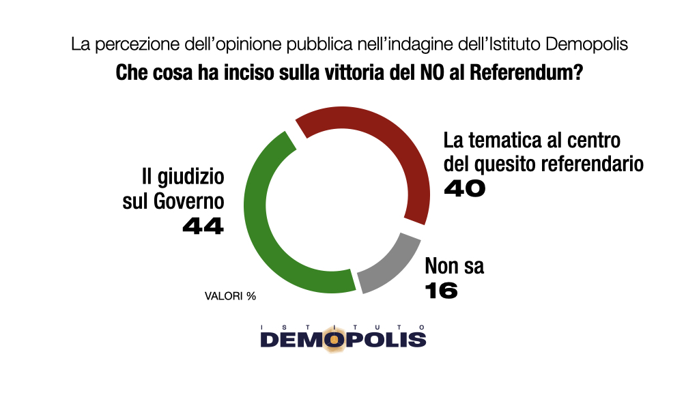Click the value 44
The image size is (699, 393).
[x=203, y=226]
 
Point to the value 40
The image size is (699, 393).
[x=464, y=189]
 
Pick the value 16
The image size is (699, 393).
[x=440, y=291]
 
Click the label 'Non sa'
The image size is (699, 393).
[x=455, y=265]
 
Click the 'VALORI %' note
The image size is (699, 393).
[x=230, y=296]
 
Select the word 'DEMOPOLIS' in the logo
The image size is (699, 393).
[x=343, y=339]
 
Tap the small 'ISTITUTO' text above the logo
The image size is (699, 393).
[x=343, y=327]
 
